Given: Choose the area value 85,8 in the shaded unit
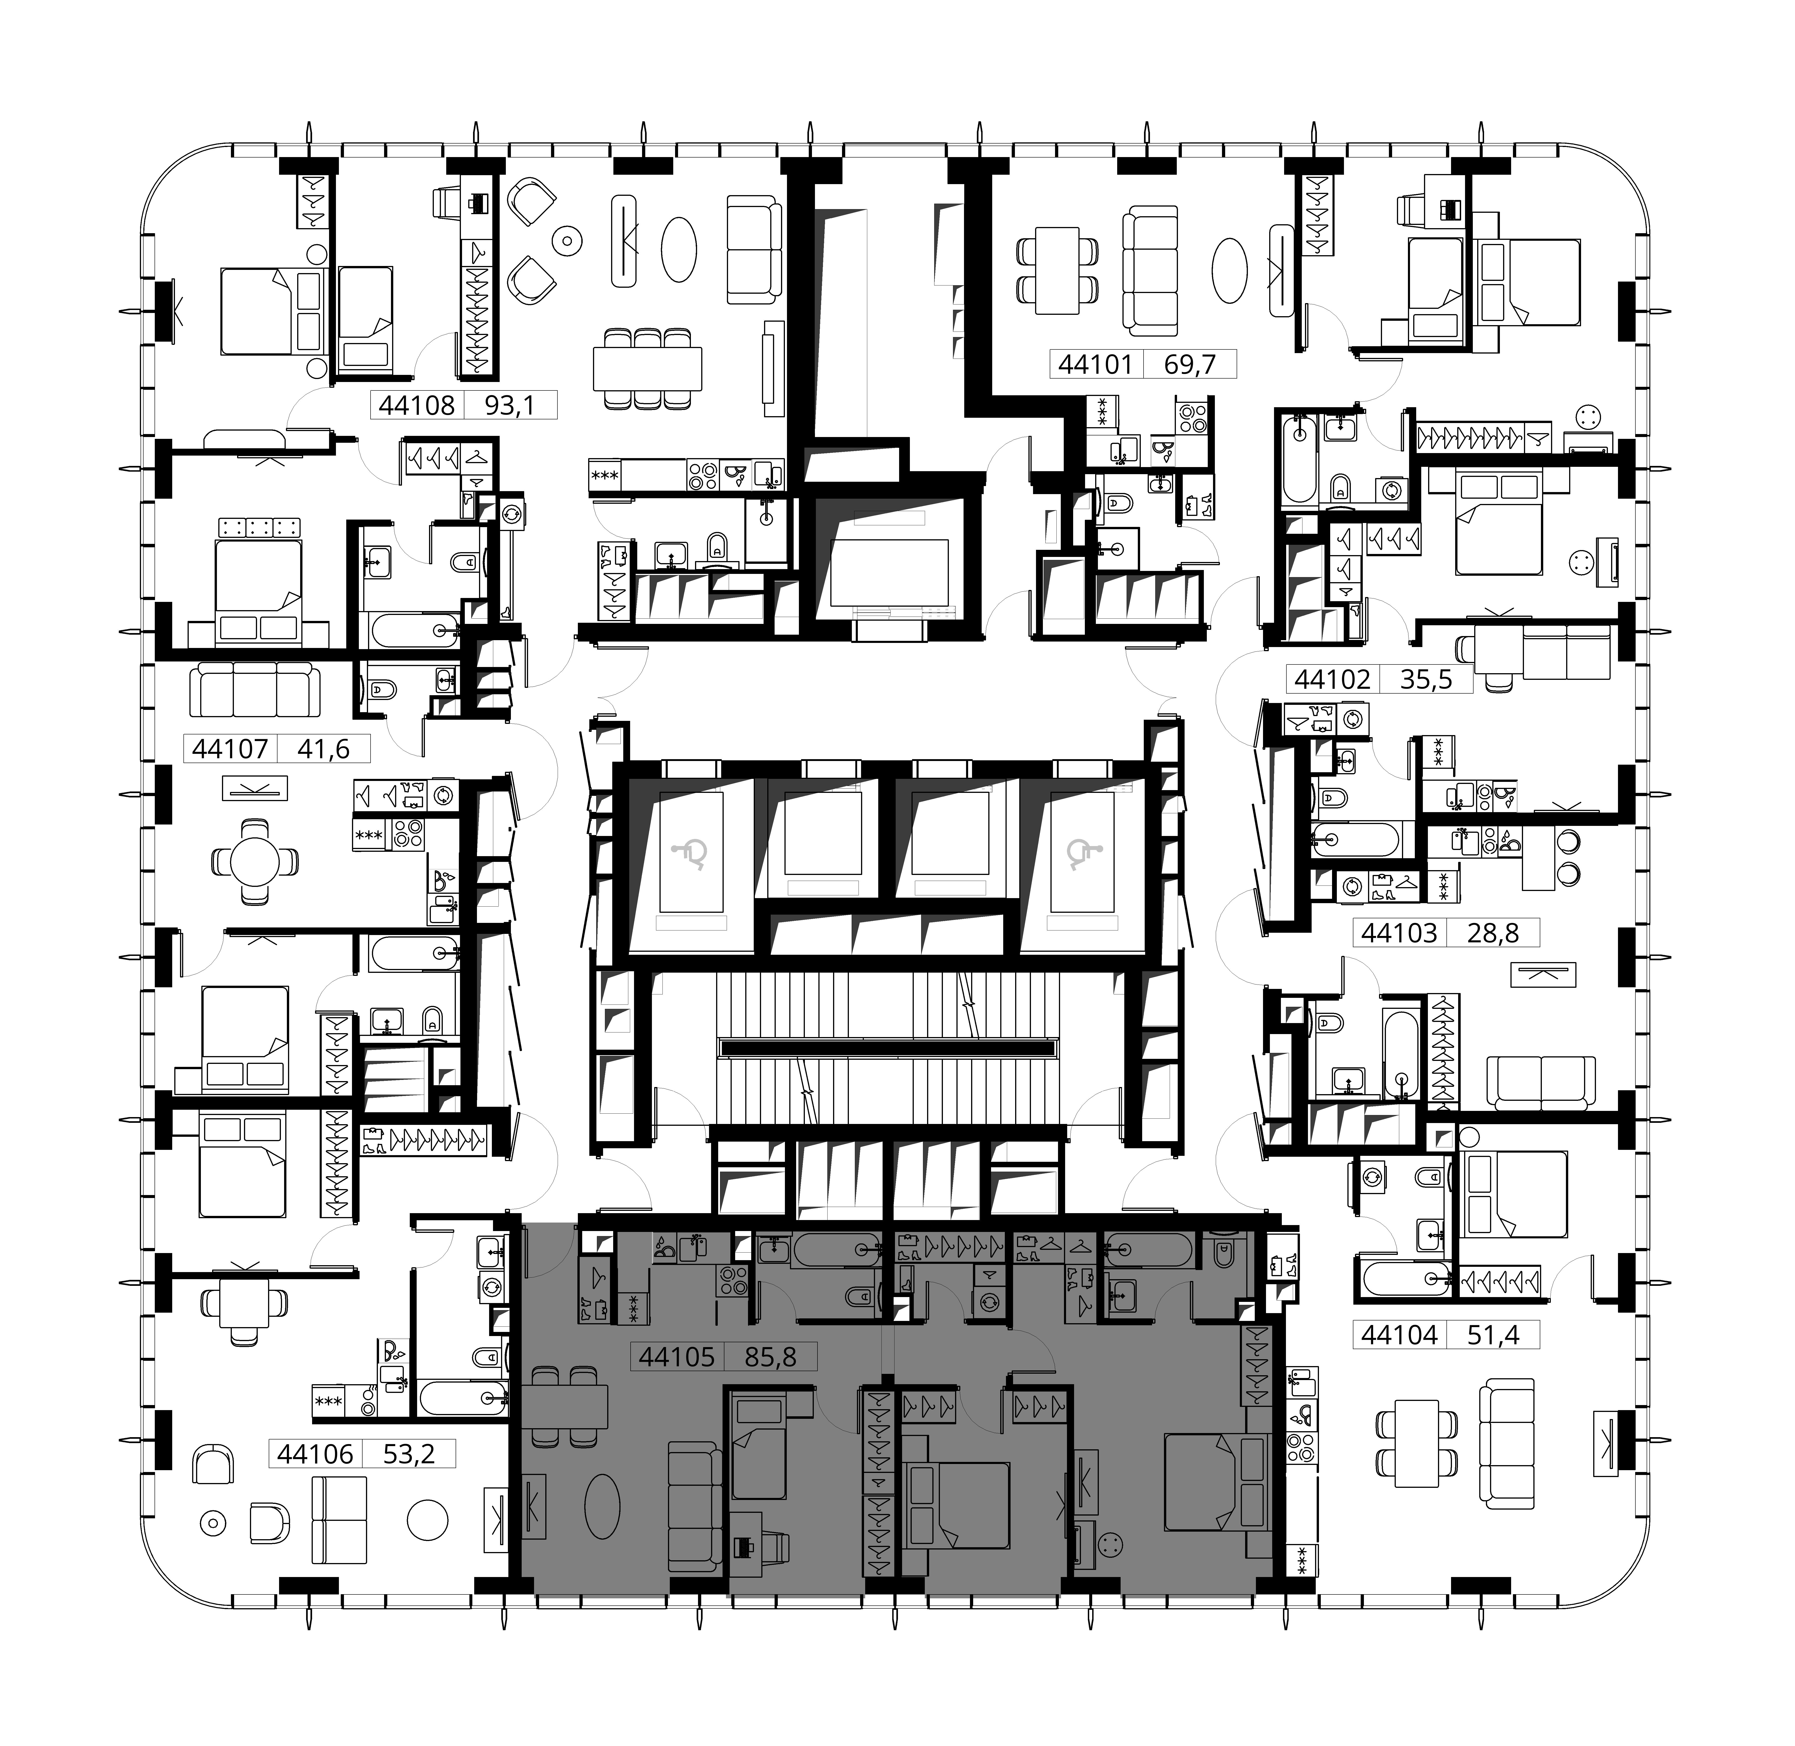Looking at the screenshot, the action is coord(770,1356).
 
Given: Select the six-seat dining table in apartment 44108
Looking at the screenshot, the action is coord(648,369).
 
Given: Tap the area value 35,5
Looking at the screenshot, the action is coord(1426,680).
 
